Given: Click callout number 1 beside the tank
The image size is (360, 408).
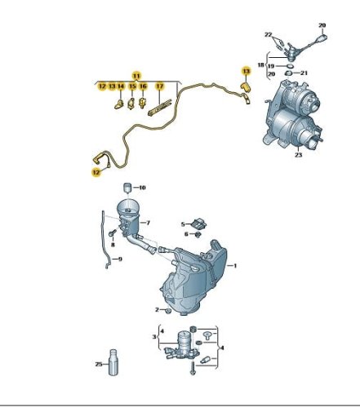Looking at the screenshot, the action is pos(235,265).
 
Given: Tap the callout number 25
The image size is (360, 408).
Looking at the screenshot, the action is pos(99,364).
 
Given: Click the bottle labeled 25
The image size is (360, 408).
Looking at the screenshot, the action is pos(113,362).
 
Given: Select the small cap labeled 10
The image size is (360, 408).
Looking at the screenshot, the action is pos(127,188).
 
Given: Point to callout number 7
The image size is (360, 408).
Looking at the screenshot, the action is pos(148,223).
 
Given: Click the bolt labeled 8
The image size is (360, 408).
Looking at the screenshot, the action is pos(113,233).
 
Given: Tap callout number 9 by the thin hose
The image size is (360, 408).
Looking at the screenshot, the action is pos(120,259).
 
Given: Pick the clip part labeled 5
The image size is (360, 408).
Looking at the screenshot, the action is pos(199,223).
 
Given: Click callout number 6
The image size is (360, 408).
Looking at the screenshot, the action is pos(186,234).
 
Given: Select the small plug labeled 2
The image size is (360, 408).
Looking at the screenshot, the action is pos(168,311).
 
